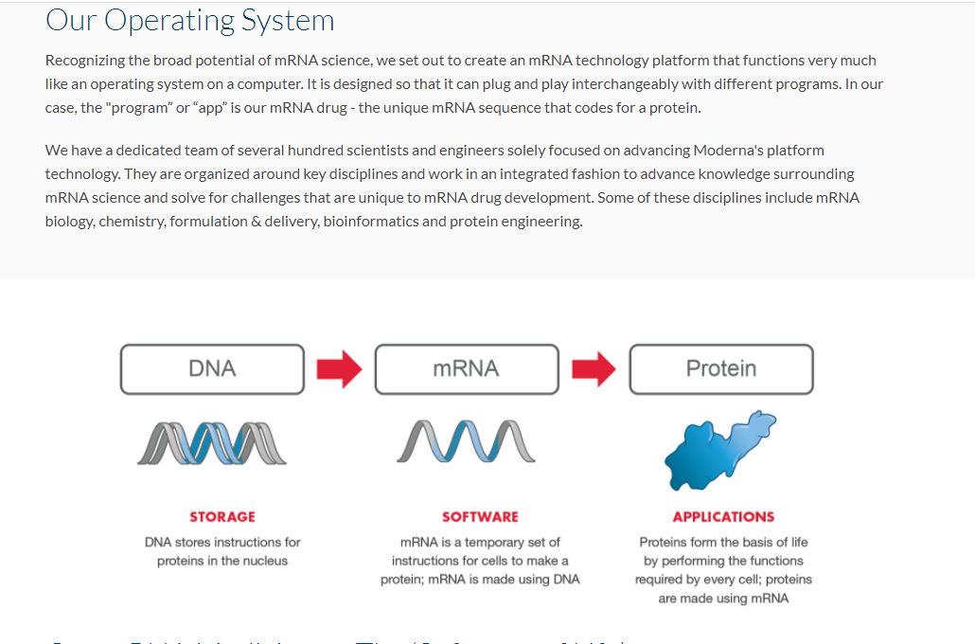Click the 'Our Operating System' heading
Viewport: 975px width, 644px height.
189,20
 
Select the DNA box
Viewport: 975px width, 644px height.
212,368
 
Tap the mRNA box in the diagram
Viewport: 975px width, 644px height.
466,368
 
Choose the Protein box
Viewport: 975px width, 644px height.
720,368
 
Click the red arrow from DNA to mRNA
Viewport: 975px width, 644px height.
339,368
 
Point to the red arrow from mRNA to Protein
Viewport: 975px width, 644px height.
594,368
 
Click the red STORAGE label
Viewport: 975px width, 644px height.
222,517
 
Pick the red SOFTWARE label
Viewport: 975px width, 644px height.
480,517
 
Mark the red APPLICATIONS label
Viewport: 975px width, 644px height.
723,517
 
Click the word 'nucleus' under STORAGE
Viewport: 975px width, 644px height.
266,561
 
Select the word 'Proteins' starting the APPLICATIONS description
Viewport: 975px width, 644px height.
664,543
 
